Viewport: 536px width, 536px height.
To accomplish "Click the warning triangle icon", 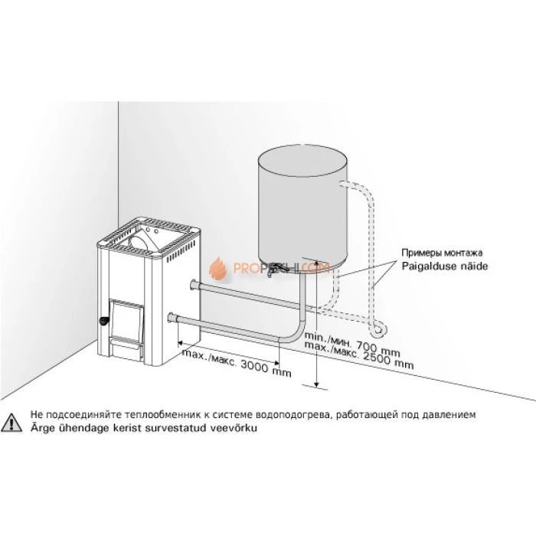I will pos(12,421).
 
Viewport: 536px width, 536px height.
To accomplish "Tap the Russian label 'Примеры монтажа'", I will pos(443,253).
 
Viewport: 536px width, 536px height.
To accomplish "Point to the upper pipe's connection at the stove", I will pos(191,287).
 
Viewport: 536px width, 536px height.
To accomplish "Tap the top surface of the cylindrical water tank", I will pos(302,159).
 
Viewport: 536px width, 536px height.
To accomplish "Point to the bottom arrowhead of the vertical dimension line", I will pos(315,380).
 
